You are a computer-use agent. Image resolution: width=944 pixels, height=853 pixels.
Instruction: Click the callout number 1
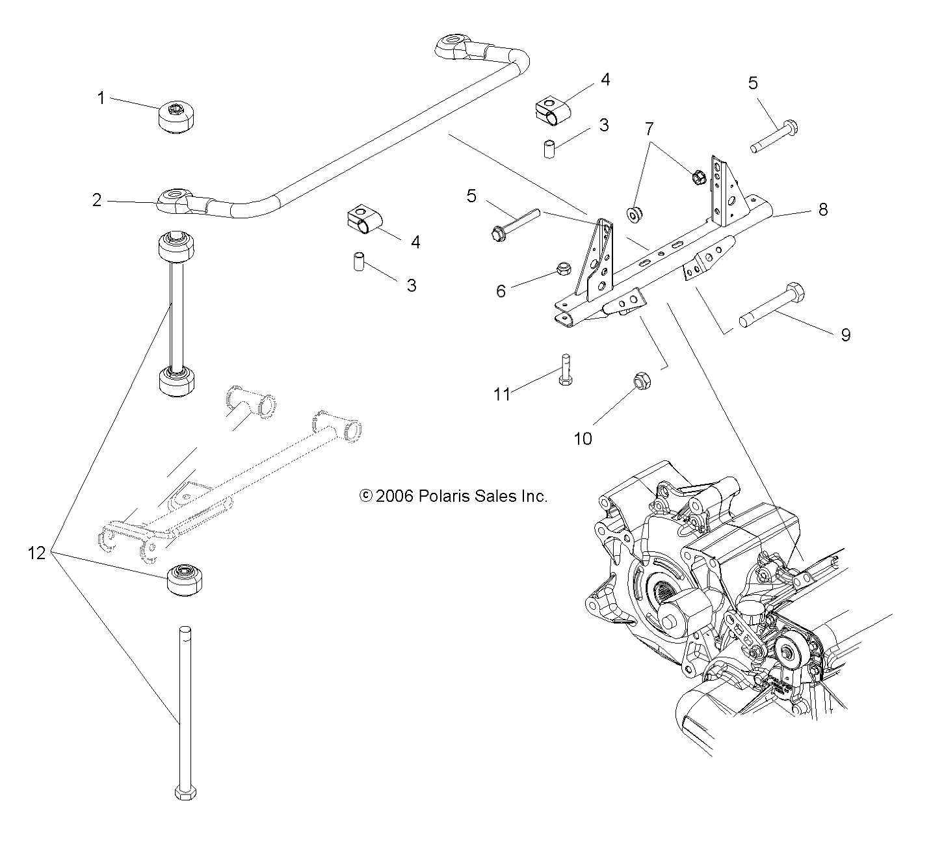point(101,98)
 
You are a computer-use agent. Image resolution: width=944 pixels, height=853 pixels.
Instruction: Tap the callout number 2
point(97,200)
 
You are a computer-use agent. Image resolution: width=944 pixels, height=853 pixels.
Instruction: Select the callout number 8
point(823,209)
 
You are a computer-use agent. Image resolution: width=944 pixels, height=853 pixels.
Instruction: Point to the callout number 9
point(845,335)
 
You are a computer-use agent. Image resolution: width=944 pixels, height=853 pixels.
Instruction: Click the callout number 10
point(583,439)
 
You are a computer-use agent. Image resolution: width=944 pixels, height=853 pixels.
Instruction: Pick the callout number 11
point(502,394)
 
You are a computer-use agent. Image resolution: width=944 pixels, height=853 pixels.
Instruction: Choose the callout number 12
point(37,553)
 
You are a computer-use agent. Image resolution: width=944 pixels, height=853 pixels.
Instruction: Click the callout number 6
point(501,291)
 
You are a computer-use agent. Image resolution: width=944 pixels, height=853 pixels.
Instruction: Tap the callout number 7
point(648,129)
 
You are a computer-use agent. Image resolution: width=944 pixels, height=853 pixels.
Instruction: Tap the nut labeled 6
point(564,269)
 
